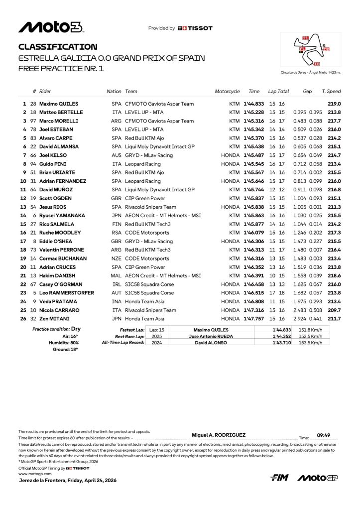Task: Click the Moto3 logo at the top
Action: point(51,27)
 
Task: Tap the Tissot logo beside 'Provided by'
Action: point(195,28)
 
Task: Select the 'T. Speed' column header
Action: point(331,92)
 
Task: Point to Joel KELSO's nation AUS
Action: point(117,155)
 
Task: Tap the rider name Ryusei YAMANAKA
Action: point(62,216)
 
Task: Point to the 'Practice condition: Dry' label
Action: point(56,329)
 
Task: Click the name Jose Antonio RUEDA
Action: point(211,336)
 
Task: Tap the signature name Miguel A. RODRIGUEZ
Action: point(219,435)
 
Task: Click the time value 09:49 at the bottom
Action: point(324,435)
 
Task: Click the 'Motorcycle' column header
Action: point(227,92)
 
